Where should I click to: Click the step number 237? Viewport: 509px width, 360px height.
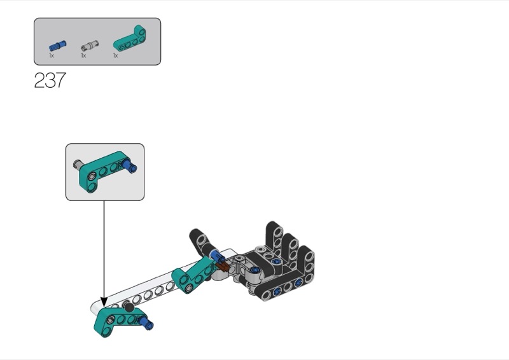pyautogui.click(x=50, y=80)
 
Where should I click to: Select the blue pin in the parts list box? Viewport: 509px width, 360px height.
pyautogui.click(x=58, y=45)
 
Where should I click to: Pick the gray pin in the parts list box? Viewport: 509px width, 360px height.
pyautogui.click(x=90, y=45)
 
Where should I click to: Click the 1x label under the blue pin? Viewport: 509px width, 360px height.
pyautogui.click(x=52, y=55)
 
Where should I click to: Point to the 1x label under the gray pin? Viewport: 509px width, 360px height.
pyautogui.click(x=83, y=55)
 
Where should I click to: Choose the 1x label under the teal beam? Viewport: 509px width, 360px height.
pyautogui.click(x=115, y=55)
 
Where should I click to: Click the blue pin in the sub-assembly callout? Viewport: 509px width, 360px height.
pyautogui.click(x=130, y=165)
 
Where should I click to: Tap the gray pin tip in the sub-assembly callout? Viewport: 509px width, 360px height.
pyautogui.click(x=76, y=163)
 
